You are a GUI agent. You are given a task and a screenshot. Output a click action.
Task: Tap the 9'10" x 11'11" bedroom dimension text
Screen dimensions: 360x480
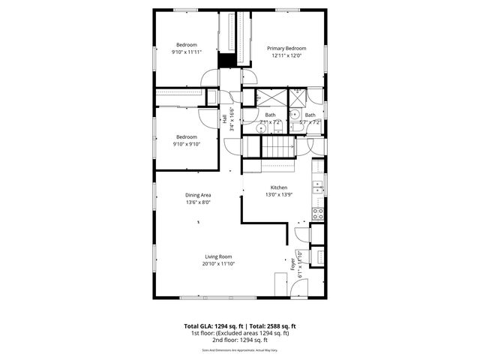click(186, 52)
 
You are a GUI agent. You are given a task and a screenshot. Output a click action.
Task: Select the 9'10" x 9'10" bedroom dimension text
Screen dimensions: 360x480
click(186, 145)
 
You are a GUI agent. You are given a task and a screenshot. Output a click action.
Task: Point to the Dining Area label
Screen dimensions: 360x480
click(198, 195)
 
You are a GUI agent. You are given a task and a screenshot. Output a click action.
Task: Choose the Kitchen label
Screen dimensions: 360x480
click(279, 187)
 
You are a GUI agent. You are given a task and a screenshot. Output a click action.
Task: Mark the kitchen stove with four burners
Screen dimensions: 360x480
click(317, 213)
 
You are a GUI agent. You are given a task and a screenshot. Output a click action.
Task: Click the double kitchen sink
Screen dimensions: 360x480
click(319, 186)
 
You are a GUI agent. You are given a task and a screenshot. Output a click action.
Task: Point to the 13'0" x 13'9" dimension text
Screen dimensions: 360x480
click(279, 195)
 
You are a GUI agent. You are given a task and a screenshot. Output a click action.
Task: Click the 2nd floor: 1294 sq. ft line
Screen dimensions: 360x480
click(240, 340)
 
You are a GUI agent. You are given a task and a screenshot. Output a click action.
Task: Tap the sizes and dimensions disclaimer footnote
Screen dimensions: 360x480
click(240, 350)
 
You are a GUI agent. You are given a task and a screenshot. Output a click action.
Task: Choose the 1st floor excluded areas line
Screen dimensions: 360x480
click(240, 333)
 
